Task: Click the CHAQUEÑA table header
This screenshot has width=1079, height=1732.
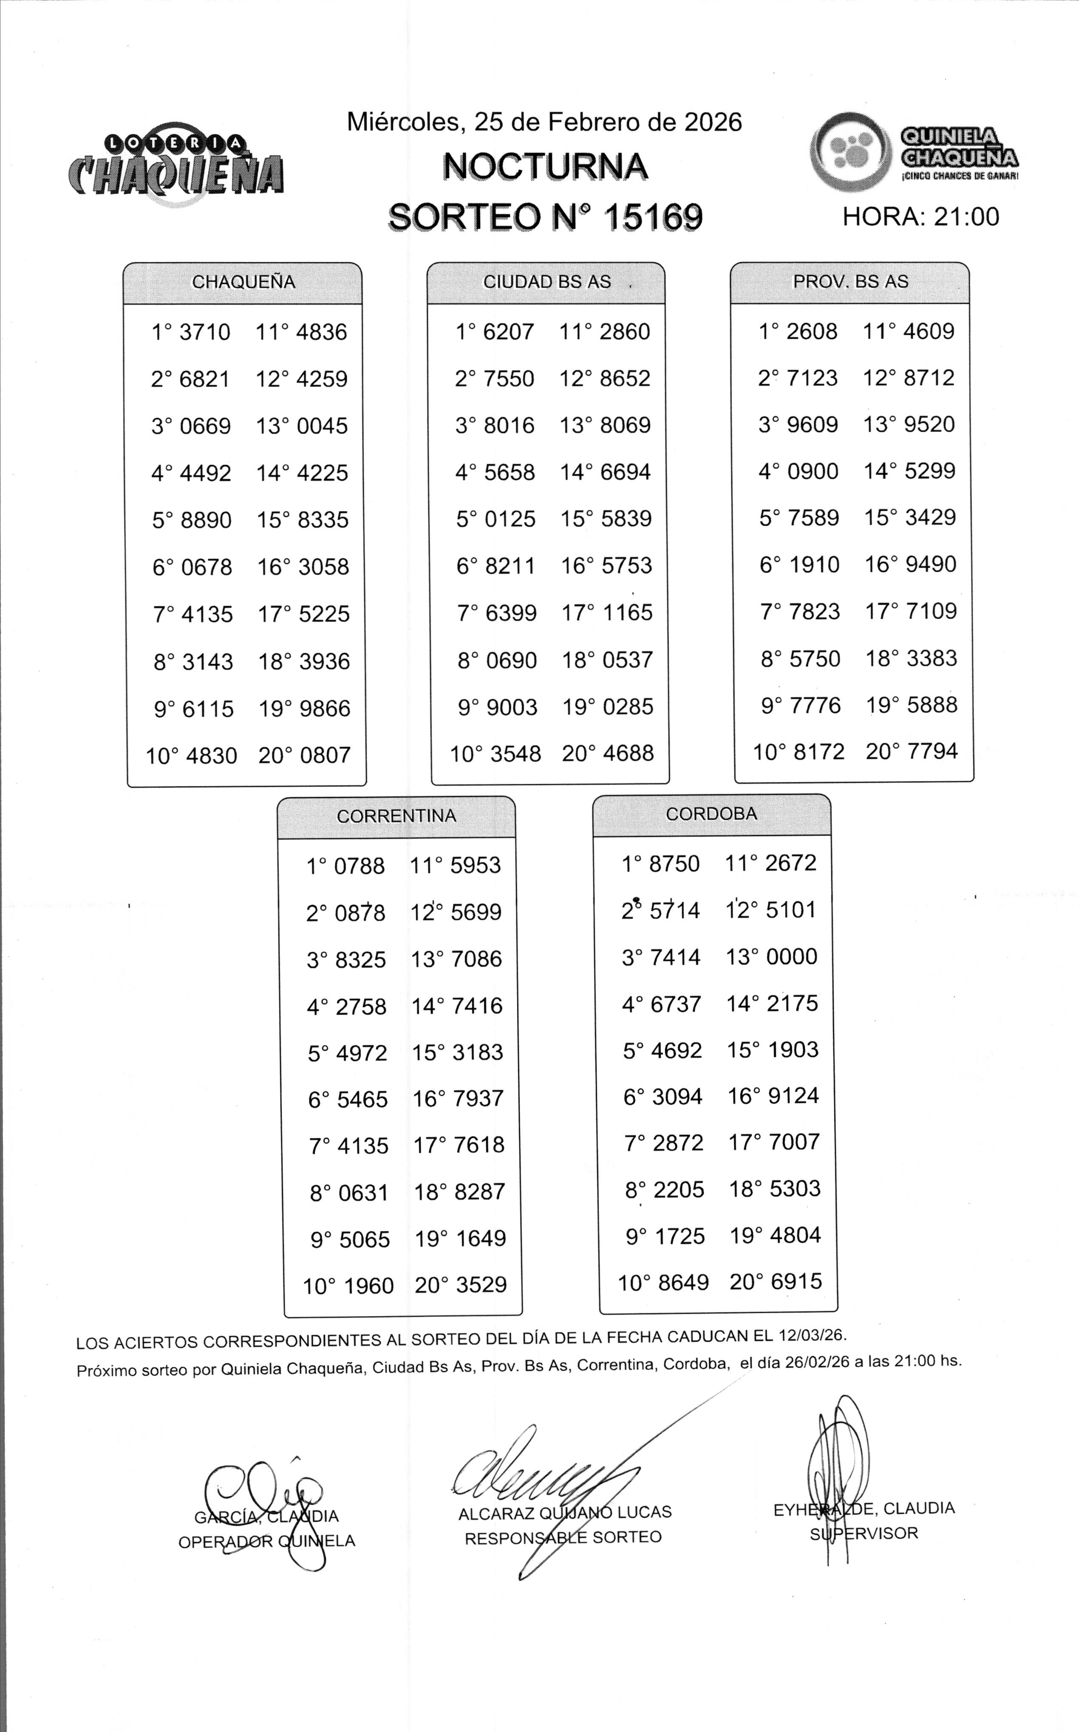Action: tap(244, 282)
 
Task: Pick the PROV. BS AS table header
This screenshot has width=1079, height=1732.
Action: tap(851, 281)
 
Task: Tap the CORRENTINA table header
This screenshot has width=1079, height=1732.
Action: tap(396, 816)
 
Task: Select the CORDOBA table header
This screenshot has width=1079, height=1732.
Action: tap(711, 814)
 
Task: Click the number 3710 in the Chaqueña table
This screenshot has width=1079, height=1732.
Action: tap(205, 332)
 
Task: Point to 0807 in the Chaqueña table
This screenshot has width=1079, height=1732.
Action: tap(325, 755)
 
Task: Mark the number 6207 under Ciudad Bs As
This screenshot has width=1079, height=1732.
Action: tap(508, 332)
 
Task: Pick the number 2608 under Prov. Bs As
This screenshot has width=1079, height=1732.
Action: tap(812, 331)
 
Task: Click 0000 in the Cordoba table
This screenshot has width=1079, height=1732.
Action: tap(791, 956)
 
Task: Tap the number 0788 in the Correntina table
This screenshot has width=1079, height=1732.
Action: tap(359, 866)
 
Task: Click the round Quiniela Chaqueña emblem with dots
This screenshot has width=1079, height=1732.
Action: tap(851, 152)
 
